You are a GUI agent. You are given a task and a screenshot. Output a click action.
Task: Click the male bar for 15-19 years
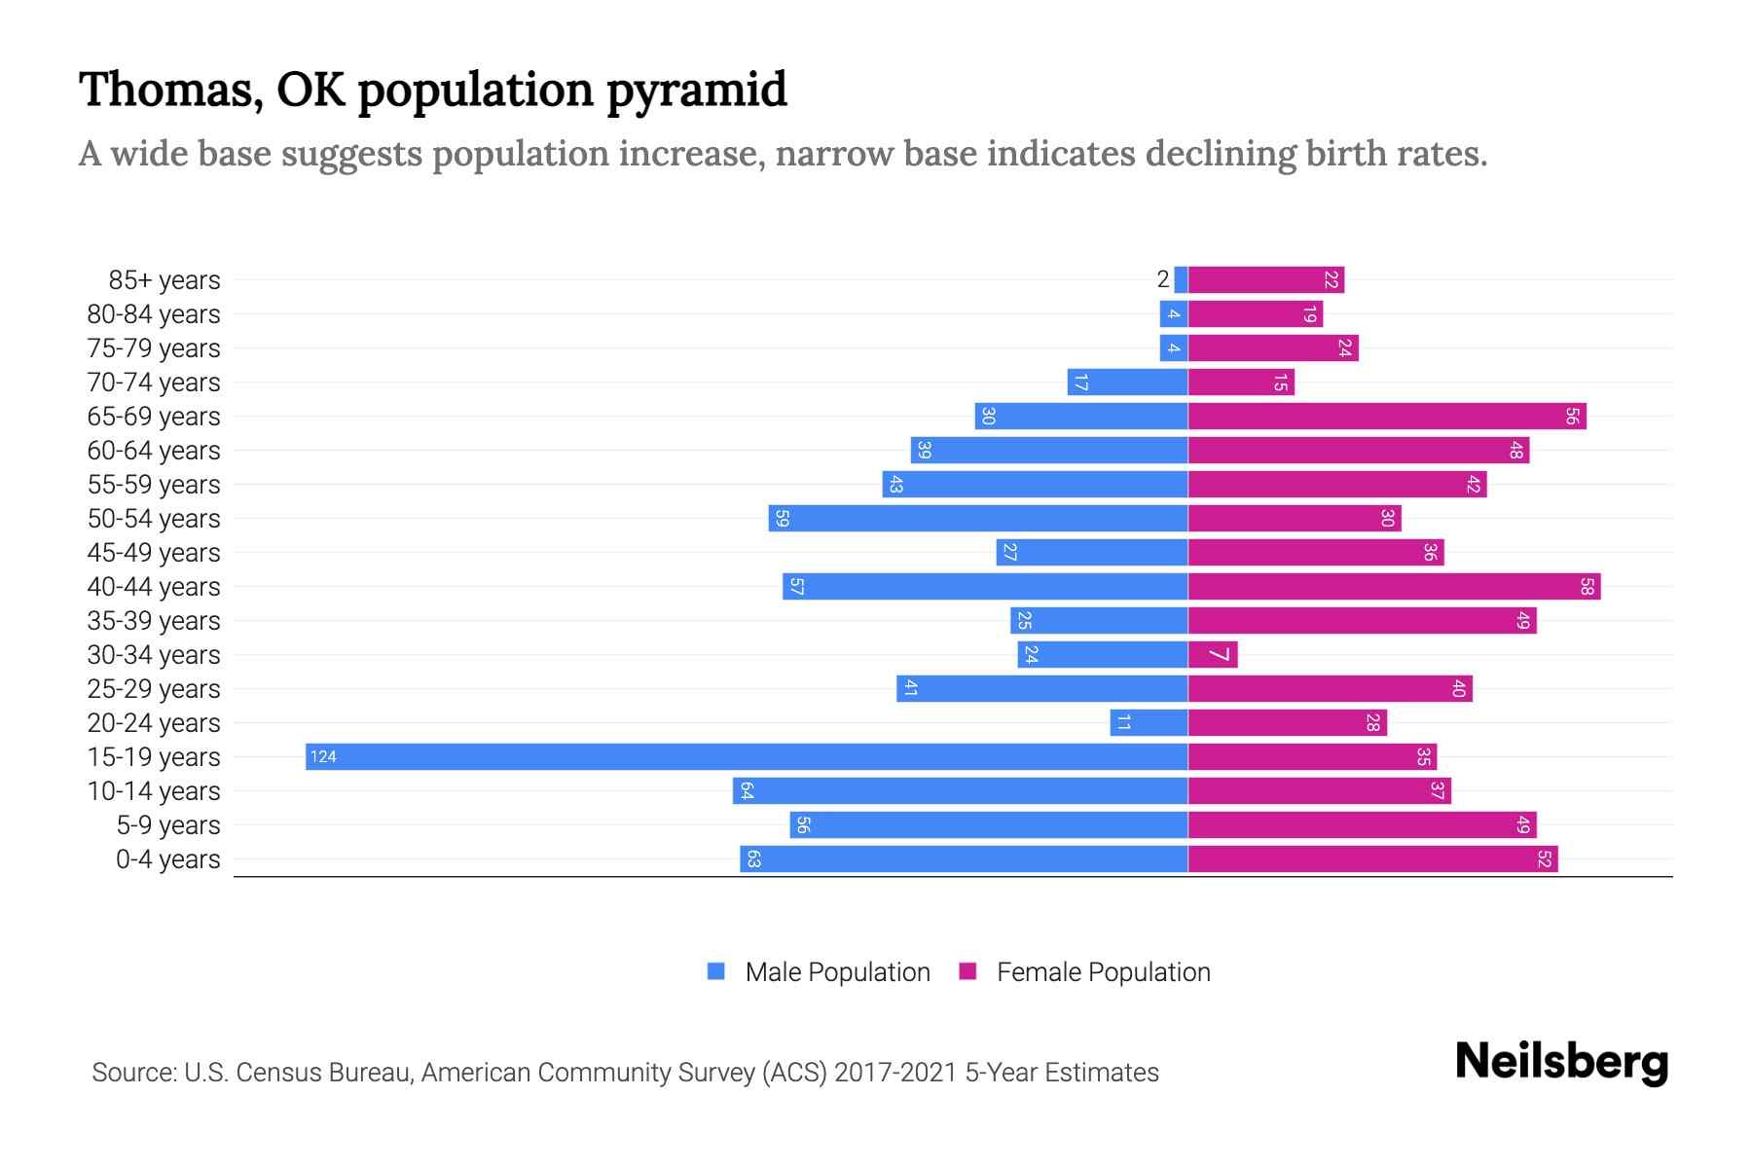click(747, 756)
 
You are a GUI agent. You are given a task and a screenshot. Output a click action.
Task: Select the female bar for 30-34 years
click(1212, 654)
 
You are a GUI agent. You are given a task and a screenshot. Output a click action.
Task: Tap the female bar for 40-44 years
click(1394, 586)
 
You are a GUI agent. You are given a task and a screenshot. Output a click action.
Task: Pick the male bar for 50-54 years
click(978, 518)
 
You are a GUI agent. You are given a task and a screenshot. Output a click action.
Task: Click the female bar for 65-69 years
click(1387, 416)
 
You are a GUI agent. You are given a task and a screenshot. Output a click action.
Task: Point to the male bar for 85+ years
click(1181, 279)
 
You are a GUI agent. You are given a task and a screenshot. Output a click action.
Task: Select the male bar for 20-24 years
click(1149, 722)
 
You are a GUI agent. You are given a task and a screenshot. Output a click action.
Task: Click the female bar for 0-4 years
click(1372, 858)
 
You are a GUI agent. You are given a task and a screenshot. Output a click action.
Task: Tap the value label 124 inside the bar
click(323, 756)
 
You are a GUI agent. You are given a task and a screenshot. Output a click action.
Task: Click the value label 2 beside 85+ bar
click(1162, 279)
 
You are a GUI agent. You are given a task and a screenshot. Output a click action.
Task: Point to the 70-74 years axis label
click(154, 383)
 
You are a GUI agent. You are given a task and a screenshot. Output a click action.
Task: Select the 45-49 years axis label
click(154, 553)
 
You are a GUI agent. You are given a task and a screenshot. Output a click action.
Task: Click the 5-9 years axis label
click(168, 825)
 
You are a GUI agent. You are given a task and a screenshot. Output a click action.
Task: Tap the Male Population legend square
click(716, 971)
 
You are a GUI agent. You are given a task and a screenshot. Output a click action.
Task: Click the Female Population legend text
click(1103, 971)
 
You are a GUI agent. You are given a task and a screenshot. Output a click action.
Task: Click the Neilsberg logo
click(1561, 1062)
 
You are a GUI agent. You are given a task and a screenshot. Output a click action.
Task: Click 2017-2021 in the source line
click(895, 1072)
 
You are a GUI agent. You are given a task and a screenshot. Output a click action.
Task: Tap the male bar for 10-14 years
click(960, 790)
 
